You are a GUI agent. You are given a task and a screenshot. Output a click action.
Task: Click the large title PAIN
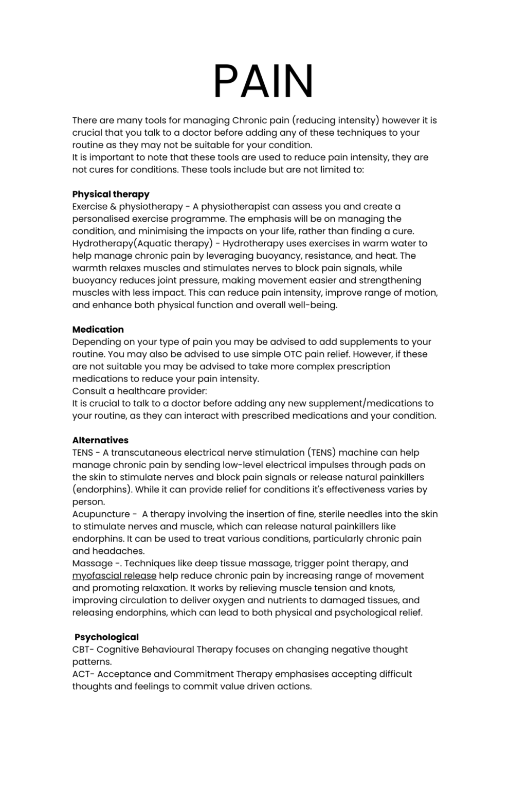point(263,81)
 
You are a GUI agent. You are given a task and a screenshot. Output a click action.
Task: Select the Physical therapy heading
point(111,194)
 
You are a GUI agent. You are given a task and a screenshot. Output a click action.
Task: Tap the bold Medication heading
point(98,330)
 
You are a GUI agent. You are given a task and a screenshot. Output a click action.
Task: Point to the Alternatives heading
point(100,440)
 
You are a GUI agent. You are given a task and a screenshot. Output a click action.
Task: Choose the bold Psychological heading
point(106,637)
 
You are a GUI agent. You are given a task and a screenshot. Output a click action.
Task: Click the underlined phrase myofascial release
point(114,576)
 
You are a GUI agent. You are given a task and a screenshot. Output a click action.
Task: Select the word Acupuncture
point(101,514)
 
